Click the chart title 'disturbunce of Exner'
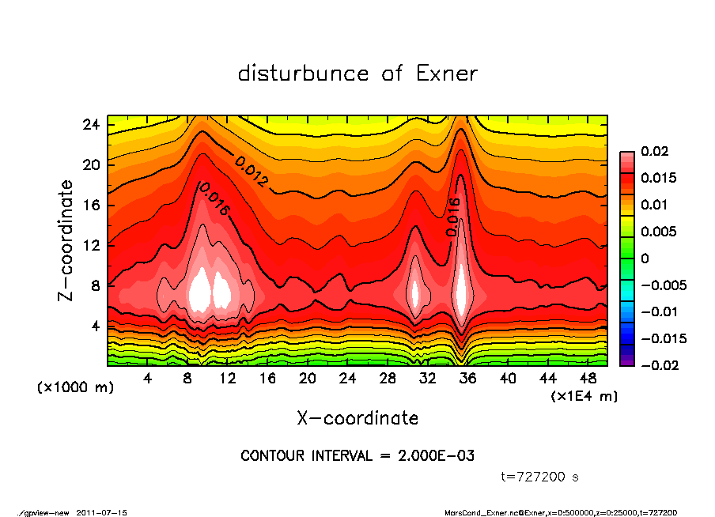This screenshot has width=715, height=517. [357, 74]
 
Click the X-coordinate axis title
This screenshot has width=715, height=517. [357, 417]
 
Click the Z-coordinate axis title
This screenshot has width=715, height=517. [66, 241]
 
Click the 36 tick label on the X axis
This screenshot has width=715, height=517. [467, 378]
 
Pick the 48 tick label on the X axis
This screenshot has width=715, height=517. [588, 378]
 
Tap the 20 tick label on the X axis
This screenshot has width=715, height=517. [308, 378]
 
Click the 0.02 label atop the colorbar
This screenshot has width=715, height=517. [655, 151]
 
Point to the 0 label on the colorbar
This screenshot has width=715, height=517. [645, 258]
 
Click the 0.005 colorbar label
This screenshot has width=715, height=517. [660, 232]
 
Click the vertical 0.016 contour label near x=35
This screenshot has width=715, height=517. [453, 217]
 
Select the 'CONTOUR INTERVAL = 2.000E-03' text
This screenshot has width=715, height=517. [357, 456]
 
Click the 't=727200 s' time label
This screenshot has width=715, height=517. [540, 477]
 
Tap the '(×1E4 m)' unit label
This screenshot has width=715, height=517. [584, 395]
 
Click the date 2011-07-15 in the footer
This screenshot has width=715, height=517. [102, 512]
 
